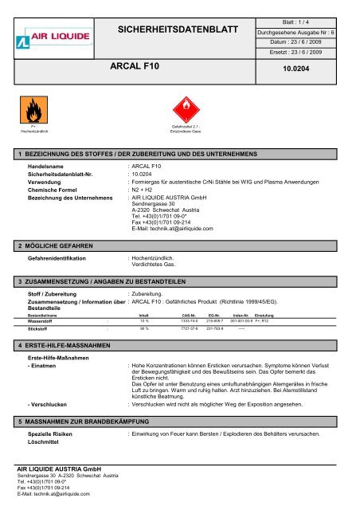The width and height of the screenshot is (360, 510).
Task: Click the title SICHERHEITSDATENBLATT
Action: pos(178,30)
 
